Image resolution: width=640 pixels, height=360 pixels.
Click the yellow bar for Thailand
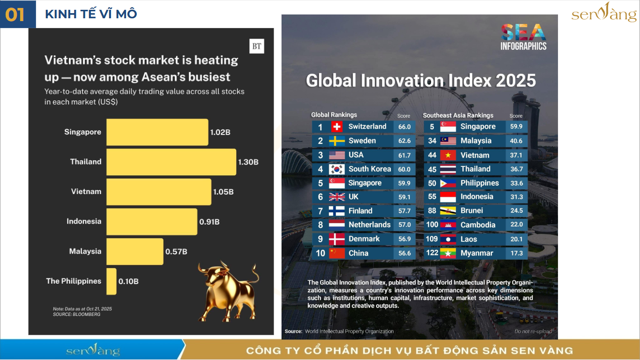point(171,162)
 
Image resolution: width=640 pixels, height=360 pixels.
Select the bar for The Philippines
point(112,281)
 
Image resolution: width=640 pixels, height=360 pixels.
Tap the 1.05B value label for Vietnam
point(223,192)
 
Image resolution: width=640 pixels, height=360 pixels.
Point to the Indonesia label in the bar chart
point(84,221)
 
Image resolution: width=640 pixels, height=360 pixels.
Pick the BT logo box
point(257,46)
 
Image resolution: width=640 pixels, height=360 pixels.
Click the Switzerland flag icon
point(337,127)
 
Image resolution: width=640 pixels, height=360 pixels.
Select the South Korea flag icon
point(337,169)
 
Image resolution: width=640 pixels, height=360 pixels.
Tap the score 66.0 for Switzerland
point(404,127)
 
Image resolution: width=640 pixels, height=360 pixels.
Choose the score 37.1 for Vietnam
point(516,155)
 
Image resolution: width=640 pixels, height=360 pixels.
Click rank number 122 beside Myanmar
point(432,253)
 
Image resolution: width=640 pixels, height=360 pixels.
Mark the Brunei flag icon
point(448,211)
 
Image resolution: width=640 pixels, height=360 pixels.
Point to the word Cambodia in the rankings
point(478,225)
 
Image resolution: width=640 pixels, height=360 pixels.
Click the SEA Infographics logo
point(523,37)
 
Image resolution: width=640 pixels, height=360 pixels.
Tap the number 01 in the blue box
point(15,15)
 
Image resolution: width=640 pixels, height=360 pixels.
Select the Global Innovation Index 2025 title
point(421,81)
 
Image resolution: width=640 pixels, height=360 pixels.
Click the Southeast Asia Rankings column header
point(458,115)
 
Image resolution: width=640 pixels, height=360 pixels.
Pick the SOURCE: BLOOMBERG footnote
point(76,315)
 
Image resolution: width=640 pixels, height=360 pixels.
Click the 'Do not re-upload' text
point(533,331)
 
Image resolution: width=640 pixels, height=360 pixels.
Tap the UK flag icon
point(337,197)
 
